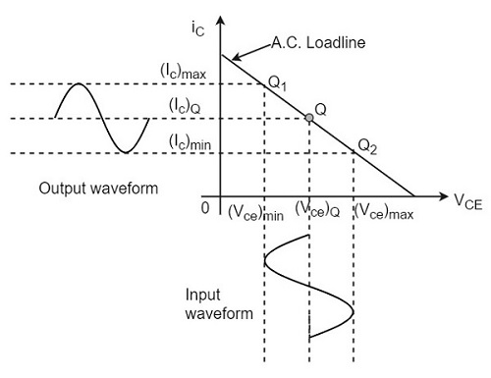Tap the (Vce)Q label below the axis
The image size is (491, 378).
pos(316,211)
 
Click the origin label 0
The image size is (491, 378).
pos(203,207)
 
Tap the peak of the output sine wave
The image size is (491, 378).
pos(78,86)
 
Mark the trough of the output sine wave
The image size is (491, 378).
pos(125,151)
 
